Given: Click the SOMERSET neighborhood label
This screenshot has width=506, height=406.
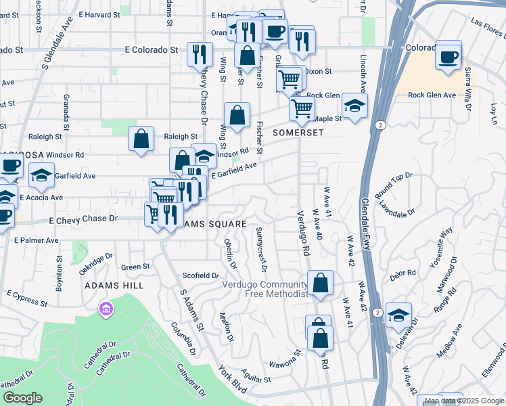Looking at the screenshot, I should click(x=294, y=133).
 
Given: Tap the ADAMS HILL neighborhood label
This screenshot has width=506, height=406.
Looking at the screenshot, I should click(x=114, y=286).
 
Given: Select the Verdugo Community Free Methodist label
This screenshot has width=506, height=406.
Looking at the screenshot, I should click(x=265, y=289).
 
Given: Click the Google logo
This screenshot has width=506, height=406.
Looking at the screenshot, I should click(x=22, y=398).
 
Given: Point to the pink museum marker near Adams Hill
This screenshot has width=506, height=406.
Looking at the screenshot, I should click(x=106, y=310).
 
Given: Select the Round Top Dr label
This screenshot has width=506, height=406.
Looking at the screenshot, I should click(x=393, y=181).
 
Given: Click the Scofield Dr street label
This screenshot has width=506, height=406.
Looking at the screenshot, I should click(x=201, y=275).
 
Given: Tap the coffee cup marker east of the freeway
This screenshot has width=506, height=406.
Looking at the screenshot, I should click(x=448, y=56).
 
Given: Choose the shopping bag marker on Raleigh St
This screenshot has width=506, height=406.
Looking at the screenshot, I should click(x=140, y=140).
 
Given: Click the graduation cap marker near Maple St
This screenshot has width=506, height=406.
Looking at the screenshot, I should click(x=353, y=106).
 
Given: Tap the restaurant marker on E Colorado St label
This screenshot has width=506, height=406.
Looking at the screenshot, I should click(x=200, y=54).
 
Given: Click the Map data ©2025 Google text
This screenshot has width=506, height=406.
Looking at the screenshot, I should click(x=464, y=401).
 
